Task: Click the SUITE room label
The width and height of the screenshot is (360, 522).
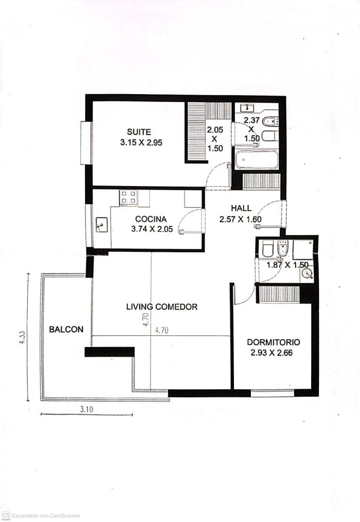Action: (x=139, y=132)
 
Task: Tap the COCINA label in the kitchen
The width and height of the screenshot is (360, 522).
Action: (x=151, y=219)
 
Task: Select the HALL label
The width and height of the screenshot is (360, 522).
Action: (x=241, y=208)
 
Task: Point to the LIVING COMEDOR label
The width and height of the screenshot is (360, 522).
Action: (x=162, y=306)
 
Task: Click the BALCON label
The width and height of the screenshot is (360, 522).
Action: (x=66, y=329)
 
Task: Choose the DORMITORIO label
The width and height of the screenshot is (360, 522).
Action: (x=274, y=342)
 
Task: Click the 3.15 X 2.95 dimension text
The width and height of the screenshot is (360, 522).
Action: (x=141, y=143)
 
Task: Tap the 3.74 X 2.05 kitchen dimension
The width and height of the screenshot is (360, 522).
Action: (x=152, y=229)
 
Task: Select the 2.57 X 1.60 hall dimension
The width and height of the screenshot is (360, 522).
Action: (x=240, y=219)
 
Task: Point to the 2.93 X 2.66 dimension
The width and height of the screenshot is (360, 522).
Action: (x=272, y=352)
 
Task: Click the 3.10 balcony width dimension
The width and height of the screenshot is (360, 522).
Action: (x=86, y=409)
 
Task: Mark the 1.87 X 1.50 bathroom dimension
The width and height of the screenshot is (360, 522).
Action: (x=288, y=265)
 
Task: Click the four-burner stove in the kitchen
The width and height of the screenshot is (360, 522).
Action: (x=129, y=197)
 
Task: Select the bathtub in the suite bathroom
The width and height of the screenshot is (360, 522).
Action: (x=257, y=160)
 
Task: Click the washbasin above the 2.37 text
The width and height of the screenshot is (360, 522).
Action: (x=247, y=107)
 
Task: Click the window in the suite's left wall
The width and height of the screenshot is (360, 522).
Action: (x=86, y=143)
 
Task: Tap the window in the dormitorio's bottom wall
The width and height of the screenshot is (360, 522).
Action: (x=272, y=393)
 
